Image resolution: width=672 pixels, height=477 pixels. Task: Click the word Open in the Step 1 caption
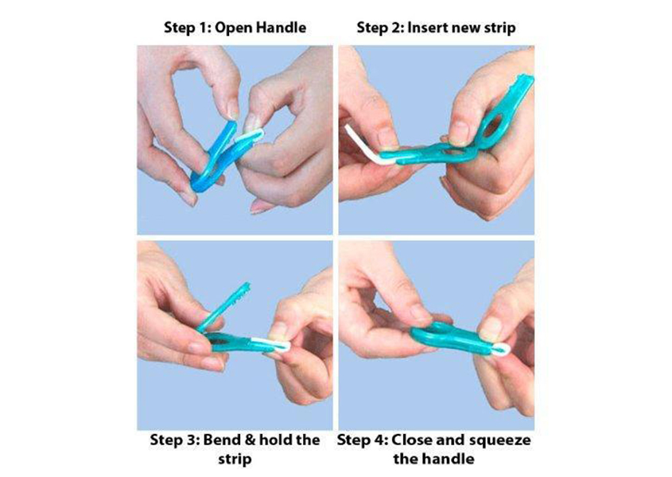pos(233,29)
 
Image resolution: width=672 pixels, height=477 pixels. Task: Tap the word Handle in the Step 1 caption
pos(281,28)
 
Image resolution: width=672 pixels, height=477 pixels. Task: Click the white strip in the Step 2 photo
pos(368,145)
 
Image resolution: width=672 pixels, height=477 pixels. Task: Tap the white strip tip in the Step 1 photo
pos(250,136)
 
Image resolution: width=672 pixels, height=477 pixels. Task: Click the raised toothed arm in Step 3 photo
pos(224,307)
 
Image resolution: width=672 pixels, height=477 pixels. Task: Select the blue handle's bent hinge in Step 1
pos(200,182)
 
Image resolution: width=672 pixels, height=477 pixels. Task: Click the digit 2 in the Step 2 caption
pos(395,28)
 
